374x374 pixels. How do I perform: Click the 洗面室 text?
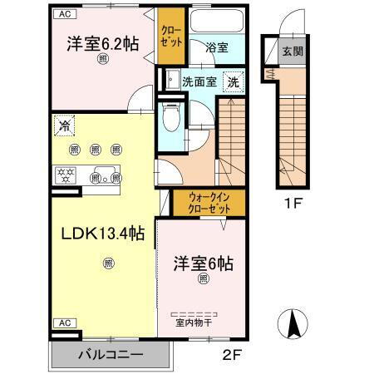pos(199,82)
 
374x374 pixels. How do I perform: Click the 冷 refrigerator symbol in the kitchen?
pos(65,126)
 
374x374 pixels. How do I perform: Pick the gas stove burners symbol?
pos(65,175)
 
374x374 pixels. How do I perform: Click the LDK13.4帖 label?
pos(98,233)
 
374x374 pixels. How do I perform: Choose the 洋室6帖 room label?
pos(203,263)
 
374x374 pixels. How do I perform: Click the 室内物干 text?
pos(192,324)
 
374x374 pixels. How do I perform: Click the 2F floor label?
pos(230,355)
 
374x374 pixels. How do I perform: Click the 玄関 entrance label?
pos(293,52)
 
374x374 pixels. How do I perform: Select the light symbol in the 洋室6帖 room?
pos(202,281)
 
